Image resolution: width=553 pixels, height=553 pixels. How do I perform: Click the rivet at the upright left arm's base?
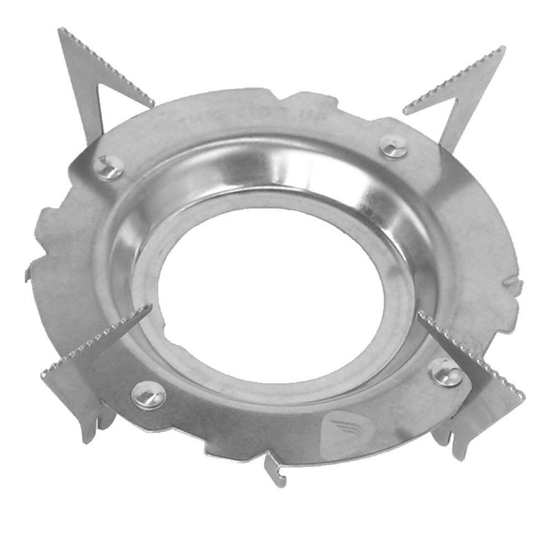(110, 167)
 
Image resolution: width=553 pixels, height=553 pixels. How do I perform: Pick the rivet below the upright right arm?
(394, 146)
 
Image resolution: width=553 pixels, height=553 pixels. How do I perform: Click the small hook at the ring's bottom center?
(274, 469)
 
